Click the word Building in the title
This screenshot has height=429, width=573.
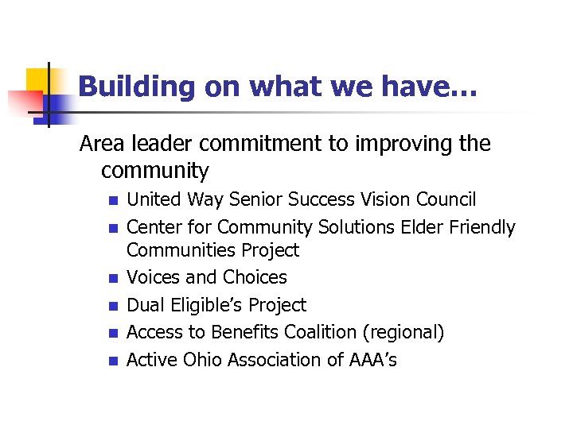click(137, 86)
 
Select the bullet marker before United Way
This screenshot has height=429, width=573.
click(112, 200)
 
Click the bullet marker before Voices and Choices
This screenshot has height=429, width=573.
click(112, 278)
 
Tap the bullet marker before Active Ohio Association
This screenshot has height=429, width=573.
click(112, 361)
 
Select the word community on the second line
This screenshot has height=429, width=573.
click(155, 171)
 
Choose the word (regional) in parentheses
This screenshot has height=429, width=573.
click(403, 332)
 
